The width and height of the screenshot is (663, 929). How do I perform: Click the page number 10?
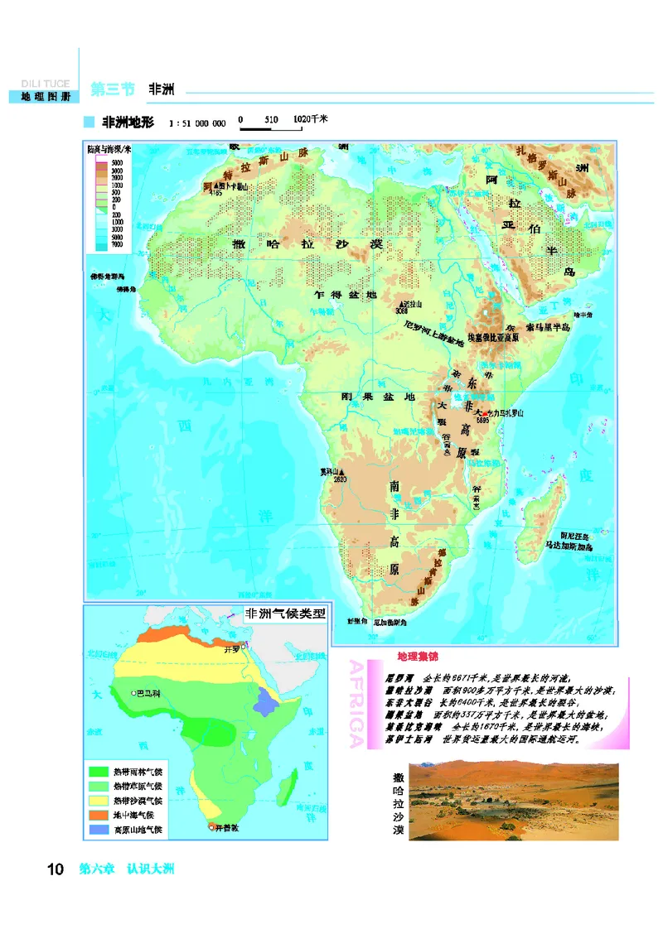(x=56, y=869)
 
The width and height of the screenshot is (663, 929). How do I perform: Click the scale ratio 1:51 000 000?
(x=197, y=123)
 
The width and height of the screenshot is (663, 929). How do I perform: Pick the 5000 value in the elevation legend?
(x=116, y=163)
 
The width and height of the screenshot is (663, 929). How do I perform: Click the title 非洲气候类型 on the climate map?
(x=284, y=615)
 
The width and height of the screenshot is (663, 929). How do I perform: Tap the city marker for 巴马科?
(x=133, y=691)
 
